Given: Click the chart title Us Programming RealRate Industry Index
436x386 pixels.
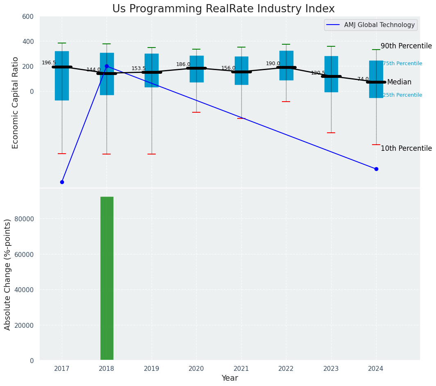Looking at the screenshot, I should [x=223, y=9].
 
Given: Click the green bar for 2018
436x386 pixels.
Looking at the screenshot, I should [x=107, y=278].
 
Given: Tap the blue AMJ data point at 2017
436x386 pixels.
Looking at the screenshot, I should [x=62, y=182].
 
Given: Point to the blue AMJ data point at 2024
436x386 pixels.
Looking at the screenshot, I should [x=376, y=169].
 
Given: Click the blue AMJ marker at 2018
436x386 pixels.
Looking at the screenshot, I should [x=107, y=66].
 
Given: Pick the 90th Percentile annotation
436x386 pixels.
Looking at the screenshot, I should [x=406, y=46].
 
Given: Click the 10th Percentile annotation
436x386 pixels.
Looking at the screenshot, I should [x=406, y=148].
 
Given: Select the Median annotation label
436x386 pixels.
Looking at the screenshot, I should [x=399, y=82].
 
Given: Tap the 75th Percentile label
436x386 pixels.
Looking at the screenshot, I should [x=402, y=64].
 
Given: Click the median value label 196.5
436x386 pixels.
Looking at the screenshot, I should [x=49, y=63].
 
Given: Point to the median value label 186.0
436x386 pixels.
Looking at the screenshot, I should [x=183, y=64].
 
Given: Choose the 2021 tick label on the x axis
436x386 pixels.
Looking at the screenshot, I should [x=241, y=368].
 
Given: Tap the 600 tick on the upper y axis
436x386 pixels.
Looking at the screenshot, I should [x=28, y=16].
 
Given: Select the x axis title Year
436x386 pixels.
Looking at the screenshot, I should [x=229, y=378].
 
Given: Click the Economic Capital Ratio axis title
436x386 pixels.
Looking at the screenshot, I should [x=16, y=102].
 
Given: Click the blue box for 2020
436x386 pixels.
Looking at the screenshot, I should [x=196, y=69].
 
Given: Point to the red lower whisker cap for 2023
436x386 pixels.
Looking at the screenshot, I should [x=331, y=133].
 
